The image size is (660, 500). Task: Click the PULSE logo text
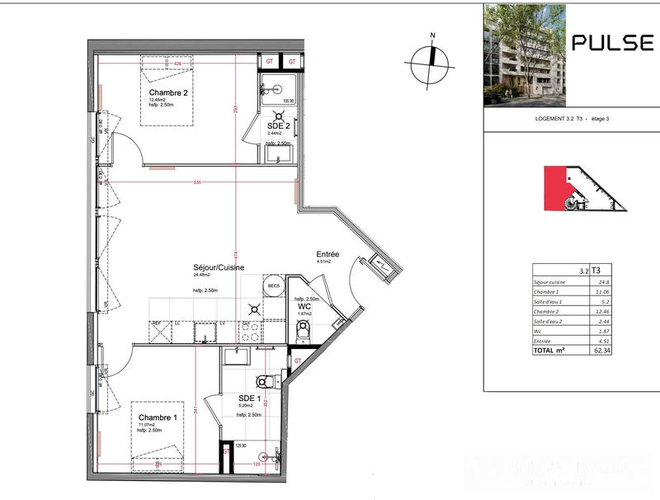(612, 44)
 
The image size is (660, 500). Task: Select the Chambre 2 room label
(168, 93)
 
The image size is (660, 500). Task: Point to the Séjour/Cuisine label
(219, 267)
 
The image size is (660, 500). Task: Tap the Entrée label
(328, 254)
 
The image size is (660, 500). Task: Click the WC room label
(304, 306)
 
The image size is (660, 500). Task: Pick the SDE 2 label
(278, 125)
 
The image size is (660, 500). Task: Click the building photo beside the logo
(524, 54)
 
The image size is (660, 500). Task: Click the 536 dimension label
(196, 182)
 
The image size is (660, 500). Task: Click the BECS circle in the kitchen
(273, 286)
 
